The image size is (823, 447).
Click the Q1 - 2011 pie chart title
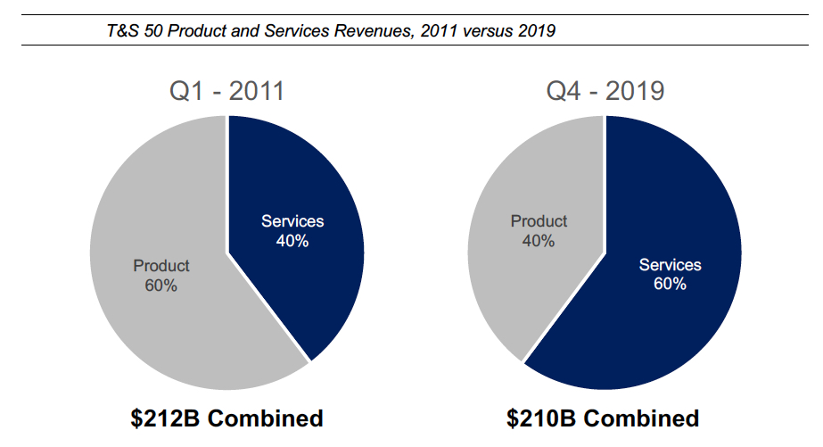(x=227, y=92)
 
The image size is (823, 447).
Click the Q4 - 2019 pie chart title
(x=605, y=92)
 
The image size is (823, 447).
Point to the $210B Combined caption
(x=604, y=418)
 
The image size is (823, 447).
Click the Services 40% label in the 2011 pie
(x=292, y=230)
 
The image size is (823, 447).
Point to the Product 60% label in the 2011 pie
(x=161, y=275)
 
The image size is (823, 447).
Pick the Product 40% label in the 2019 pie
(x=539, y=230)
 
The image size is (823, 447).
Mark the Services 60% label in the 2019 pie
(x=671, y=274)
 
